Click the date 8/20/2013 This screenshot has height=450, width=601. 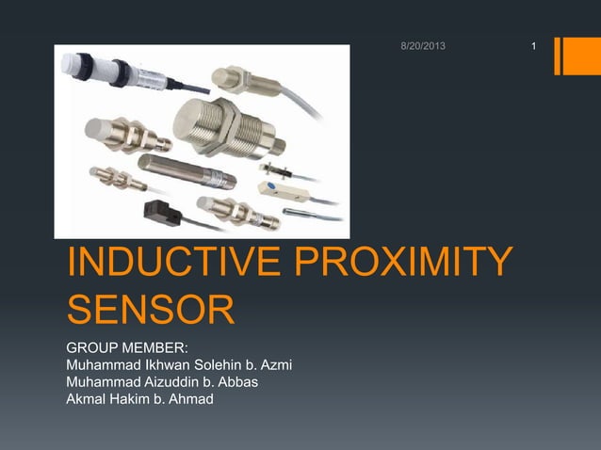pyautogui.click(x=421, y=46)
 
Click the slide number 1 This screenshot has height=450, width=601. pyautogui.click(x=534, y=46)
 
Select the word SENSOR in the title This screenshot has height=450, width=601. pyautogui.click(x=149, y=311)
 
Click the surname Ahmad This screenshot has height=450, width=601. pyautogui.click(x=191, y=400)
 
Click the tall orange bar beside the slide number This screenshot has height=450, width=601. pyautogui.click(x=572, y=55)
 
